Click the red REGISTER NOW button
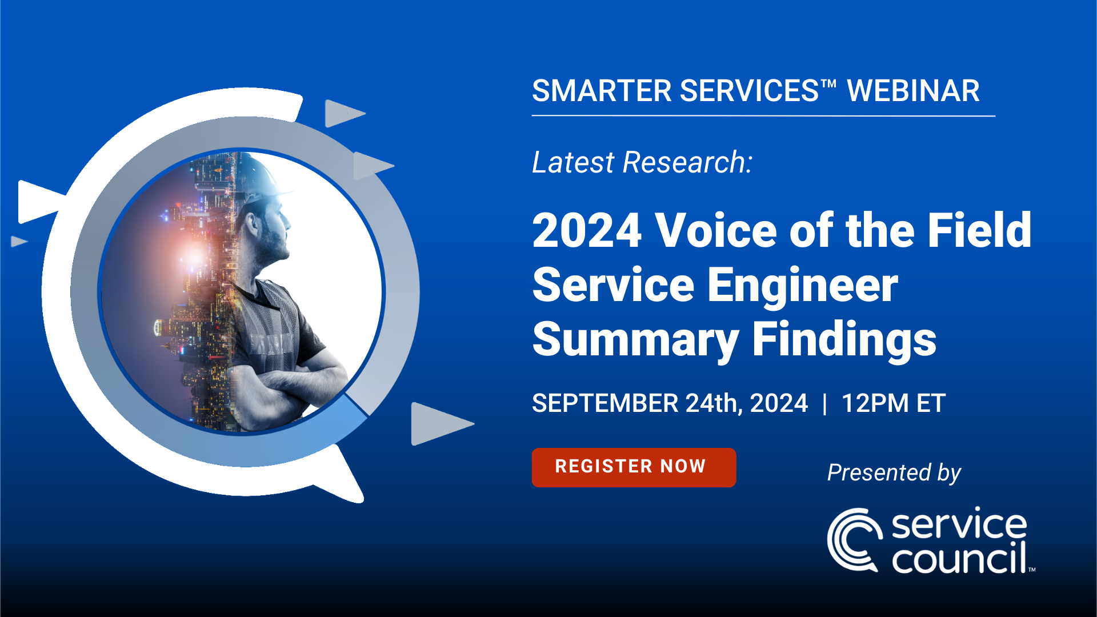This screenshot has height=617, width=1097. [x=634, y=467]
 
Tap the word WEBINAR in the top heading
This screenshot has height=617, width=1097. [x=913, y=91]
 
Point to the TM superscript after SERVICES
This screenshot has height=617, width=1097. [x=829, y=83]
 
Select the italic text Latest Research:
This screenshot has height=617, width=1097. [x=642, y=162]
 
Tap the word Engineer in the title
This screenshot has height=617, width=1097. [x=803, y=285]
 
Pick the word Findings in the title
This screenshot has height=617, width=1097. [x=844, y=339]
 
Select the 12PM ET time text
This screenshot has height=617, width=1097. [x=894, y=403]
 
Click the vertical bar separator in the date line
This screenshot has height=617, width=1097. [x=824, y=404]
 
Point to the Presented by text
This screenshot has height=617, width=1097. [x=894, y=473]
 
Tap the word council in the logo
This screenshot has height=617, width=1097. [x=959, y=558]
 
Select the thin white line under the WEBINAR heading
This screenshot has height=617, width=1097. [x=763, y=116]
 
